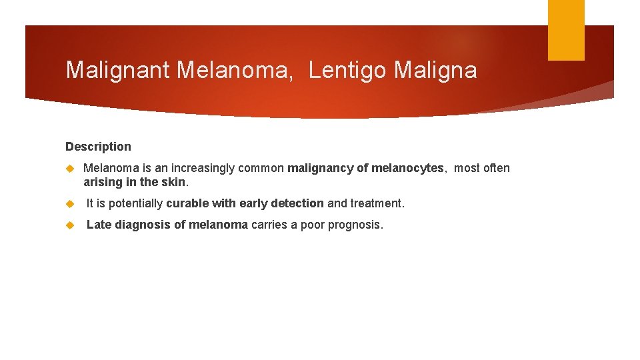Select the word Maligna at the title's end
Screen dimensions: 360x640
click(x=435, y=70)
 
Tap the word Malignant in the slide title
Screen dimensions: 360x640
click(x=118, y=70)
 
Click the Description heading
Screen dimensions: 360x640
click(x=98, y=147)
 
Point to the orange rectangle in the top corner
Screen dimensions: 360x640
click(x=565, y=29)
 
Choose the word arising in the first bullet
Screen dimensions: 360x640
click(x=102, y=182)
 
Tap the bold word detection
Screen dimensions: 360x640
click(x=297, y=203)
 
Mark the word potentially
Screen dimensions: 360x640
click(x=137, y=203)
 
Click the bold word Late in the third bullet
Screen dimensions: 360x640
click(x=99, y=225)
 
